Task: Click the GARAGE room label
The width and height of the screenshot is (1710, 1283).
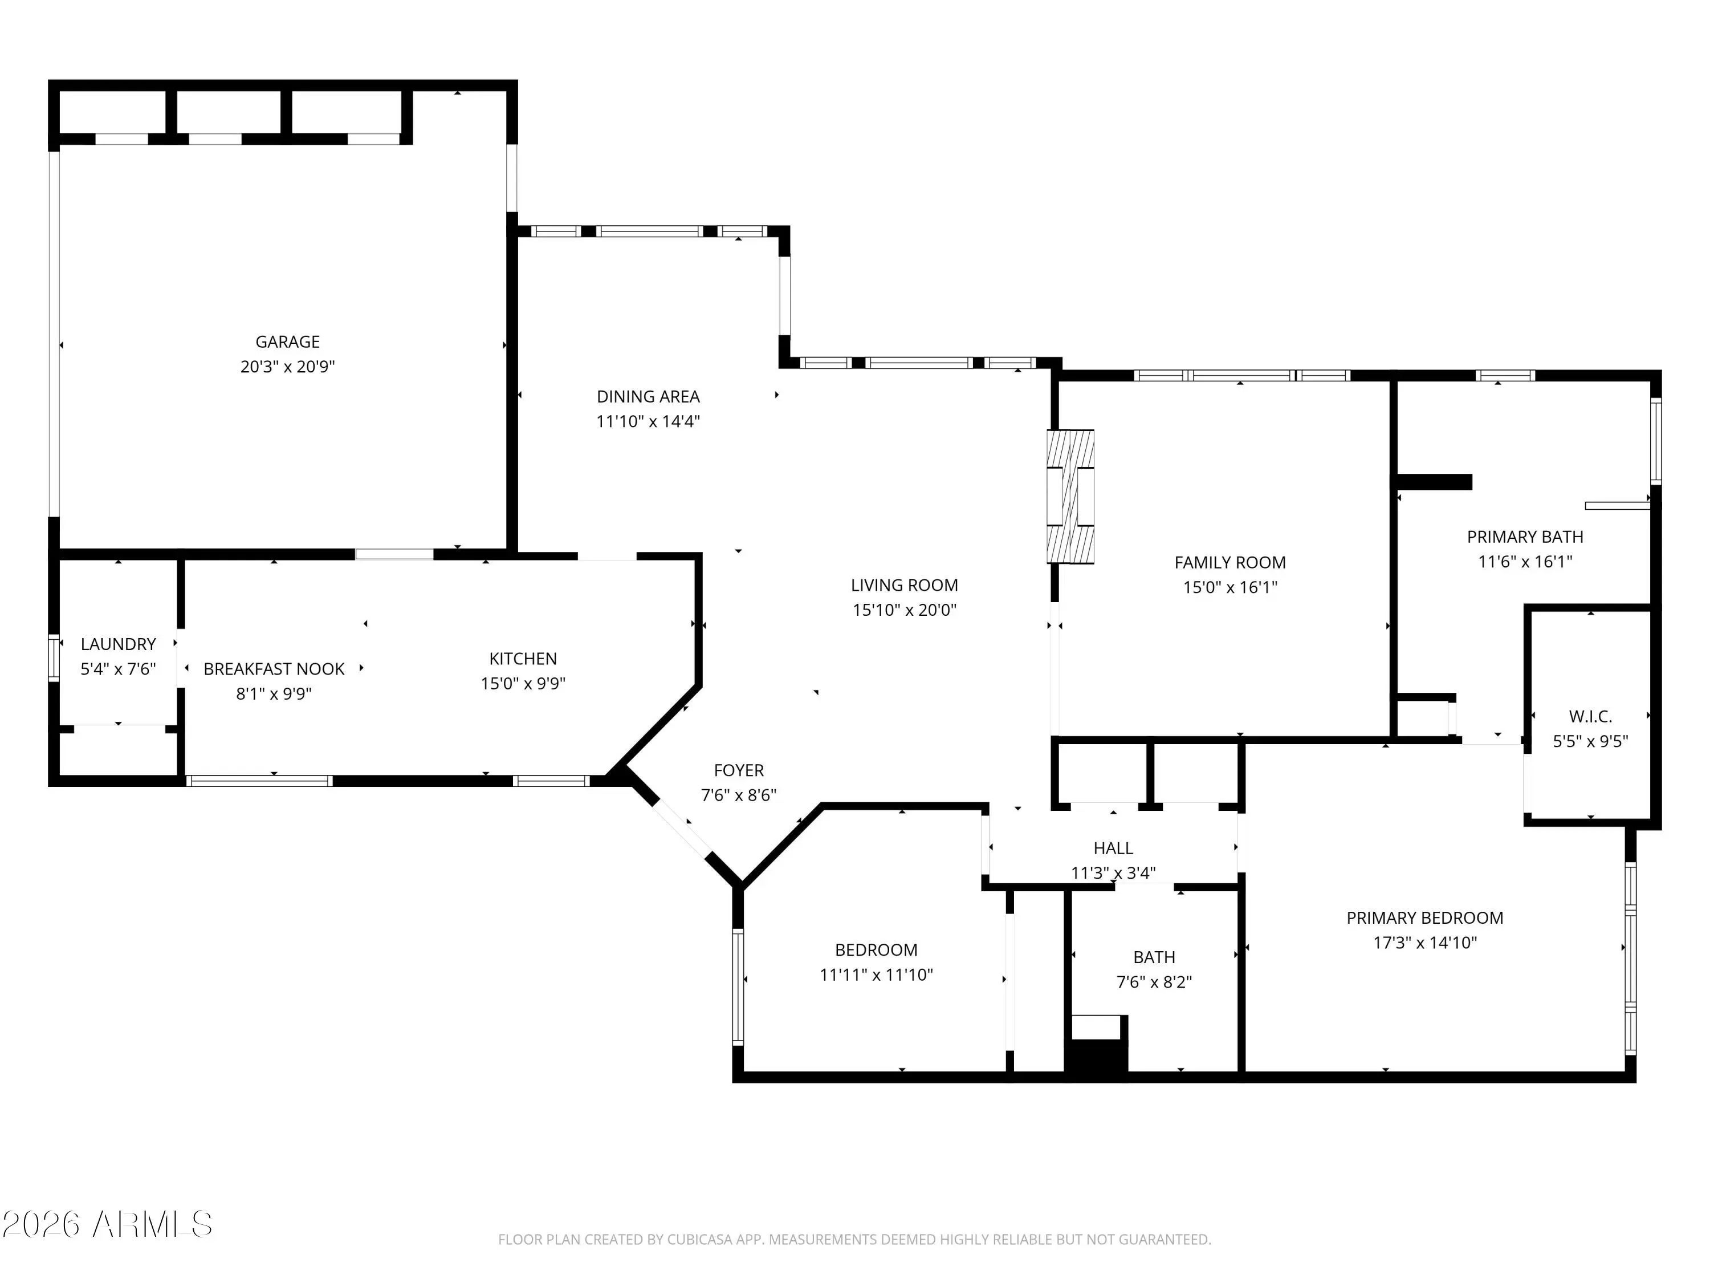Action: click(288, 342)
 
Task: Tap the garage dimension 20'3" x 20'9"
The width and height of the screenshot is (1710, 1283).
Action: click(288, 367)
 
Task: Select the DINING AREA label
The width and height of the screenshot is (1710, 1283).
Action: click(648, 397)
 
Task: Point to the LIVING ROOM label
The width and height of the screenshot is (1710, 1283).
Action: click(905, 586)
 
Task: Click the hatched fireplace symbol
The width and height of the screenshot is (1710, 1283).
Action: click(1070, 497)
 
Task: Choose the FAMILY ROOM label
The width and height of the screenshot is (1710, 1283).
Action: click(1230, 563)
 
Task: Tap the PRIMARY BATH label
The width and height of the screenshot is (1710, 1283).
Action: click(1525, 537)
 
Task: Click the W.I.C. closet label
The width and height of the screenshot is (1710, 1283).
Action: click(1590, 717)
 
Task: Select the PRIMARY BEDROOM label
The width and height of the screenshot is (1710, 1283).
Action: click(1425, 918)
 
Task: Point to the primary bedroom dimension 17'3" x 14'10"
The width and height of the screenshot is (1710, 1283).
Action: click(1425, 943)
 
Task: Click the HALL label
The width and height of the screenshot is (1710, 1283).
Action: click(1113, 848)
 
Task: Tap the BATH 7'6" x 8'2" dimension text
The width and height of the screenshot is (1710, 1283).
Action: click(1154, 982)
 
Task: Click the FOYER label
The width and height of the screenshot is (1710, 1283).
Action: click(738, 770)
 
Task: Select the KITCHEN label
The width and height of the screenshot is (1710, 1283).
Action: click(523, 659)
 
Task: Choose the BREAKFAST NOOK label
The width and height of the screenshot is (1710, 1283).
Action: click(274, 669)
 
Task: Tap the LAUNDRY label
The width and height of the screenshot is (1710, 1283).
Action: click(119, 644)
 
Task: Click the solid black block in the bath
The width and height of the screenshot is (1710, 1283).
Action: click(1096, 1055)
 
